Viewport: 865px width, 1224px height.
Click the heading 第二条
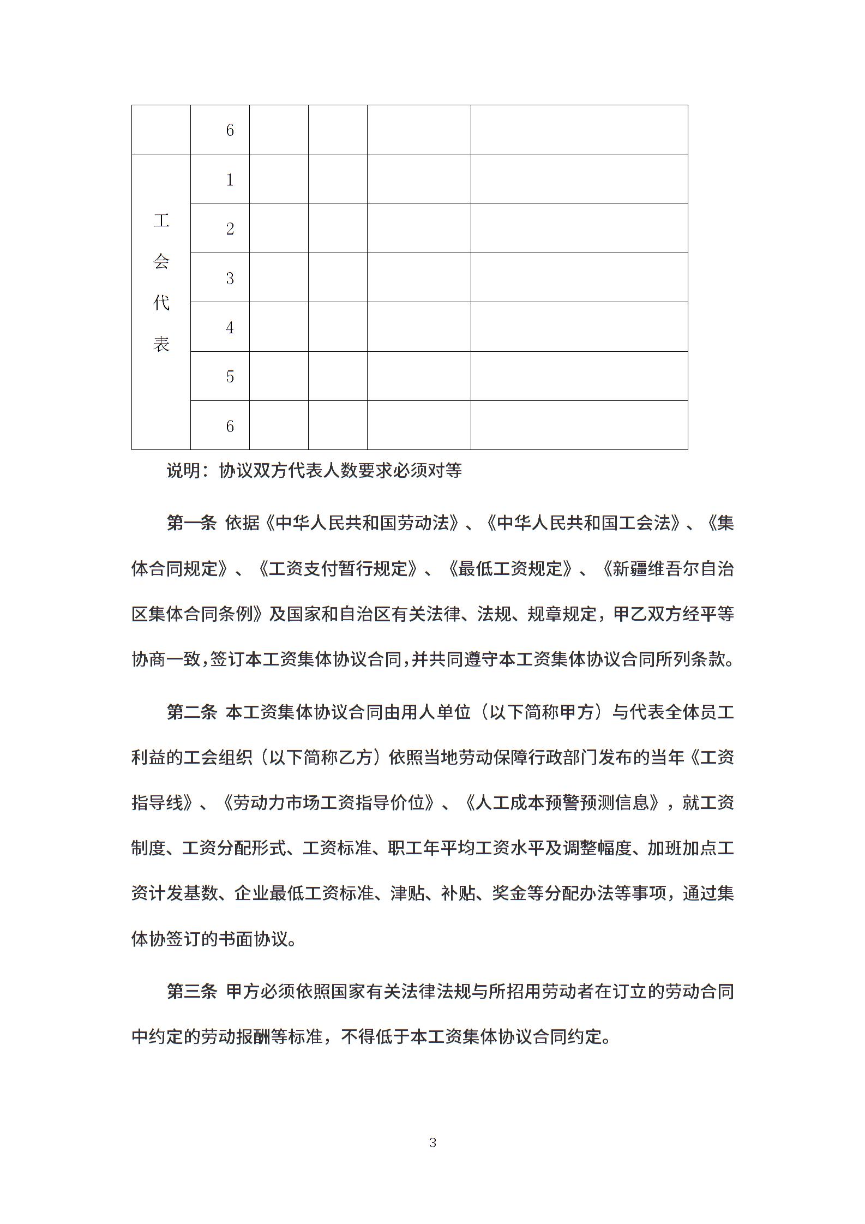click(192, 712)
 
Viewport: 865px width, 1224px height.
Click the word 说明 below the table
click(184, 470)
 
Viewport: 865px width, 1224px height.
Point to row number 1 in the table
click(230, 179)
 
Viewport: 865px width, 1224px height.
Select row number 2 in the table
click(230, 229)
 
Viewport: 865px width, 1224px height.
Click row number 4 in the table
click(230, 327)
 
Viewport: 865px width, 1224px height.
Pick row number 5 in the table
click(230, 376)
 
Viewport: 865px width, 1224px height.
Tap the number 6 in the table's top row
click(230, 130)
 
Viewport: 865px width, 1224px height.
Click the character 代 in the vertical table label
click(161, 303)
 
